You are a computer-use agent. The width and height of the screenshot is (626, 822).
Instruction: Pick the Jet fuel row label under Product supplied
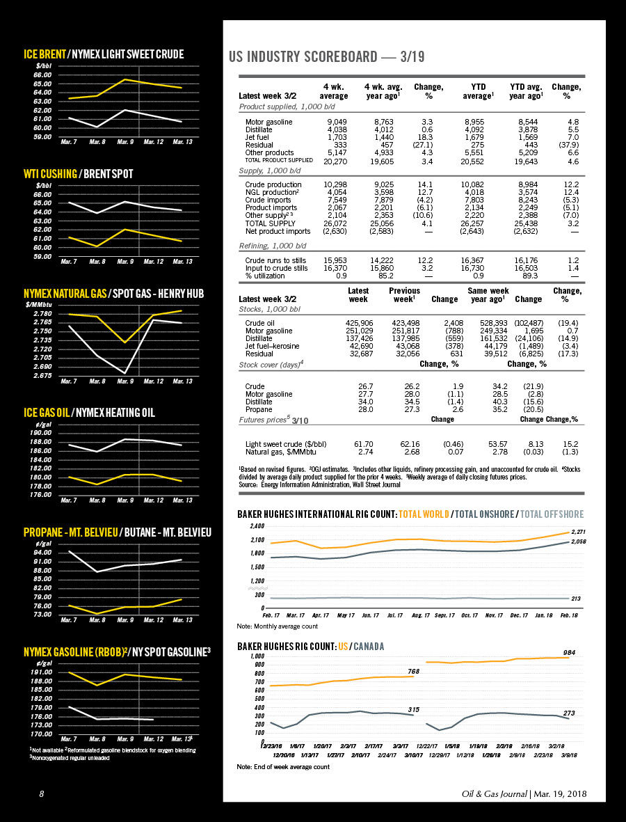point(259,137)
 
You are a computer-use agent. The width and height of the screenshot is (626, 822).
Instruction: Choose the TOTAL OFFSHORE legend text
point(552,514)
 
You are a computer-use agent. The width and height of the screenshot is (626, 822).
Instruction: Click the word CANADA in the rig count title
point(368,647)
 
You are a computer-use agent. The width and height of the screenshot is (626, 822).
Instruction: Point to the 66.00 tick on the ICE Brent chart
point(42,74)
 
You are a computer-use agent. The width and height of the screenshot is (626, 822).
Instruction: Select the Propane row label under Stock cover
point(259,409)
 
